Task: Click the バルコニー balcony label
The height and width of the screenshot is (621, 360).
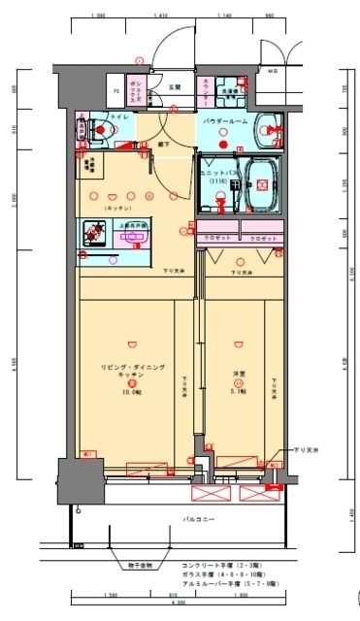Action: (x=199, y=522)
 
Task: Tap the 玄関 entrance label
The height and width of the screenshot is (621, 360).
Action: (x=175, y=87)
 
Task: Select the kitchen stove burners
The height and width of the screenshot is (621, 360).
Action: (x=96, y=231)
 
